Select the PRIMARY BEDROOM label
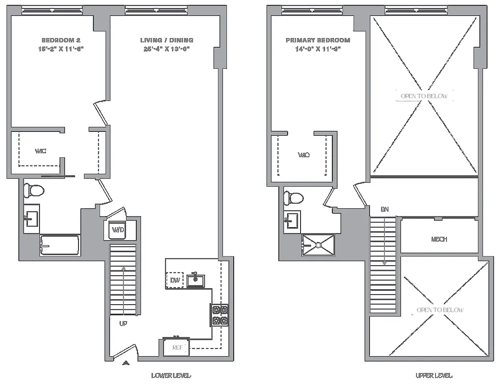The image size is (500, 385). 318,40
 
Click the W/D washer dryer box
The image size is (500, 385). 118,230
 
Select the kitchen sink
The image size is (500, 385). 196,280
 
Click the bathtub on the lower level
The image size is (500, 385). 59,245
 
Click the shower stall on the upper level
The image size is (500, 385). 318,244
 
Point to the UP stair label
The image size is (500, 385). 123,324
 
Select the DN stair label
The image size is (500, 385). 384,209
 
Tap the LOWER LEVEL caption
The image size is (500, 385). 171,376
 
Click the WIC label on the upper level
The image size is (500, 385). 303,155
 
